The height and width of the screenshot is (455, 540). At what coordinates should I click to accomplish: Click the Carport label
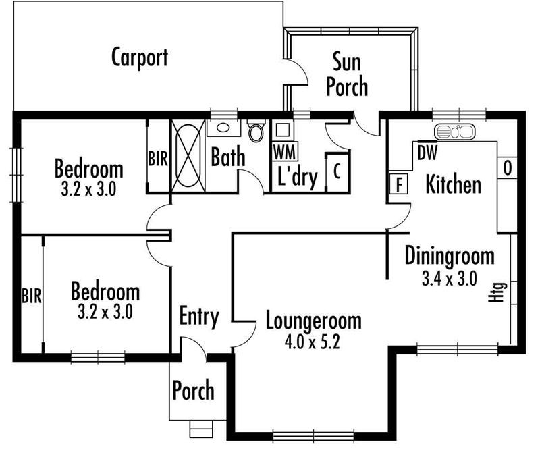point(140,57)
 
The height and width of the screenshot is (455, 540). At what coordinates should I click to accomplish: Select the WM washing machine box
point(285,151)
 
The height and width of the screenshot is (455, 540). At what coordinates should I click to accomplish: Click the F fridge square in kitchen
point(399,184)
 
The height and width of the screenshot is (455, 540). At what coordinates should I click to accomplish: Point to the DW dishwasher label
point(427,153)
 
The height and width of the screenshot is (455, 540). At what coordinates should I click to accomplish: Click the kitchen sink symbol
point(454,132)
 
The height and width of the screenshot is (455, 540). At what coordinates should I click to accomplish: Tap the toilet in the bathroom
point(256,130)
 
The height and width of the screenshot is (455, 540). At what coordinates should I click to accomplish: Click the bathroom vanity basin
point(223,128)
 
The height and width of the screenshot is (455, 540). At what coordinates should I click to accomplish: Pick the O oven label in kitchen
point(508,168)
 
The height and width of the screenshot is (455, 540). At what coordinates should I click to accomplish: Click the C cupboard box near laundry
point(337,171)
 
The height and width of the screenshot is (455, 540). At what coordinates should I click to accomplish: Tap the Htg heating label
point(498,292)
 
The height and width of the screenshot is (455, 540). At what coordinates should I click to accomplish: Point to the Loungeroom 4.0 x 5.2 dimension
point(312,342)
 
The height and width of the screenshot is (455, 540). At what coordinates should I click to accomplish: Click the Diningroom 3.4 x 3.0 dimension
point(450,278)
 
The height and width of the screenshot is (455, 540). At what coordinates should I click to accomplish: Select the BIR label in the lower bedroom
point(32,296)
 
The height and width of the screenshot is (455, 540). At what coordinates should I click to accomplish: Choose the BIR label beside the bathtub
point(158,159)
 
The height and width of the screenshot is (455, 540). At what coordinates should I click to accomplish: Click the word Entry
point(199,317)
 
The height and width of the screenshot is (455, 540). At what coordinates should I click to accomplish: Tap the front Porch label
point(193,390)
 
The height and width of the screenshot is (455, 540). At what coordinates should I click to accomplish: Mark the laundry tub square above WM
point(282,130)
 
